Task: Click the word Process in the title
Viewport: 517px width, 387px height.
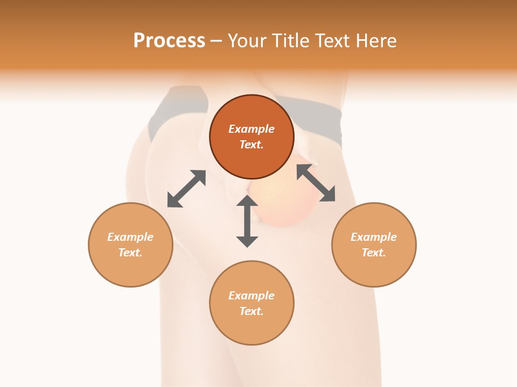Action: tap(169, 41)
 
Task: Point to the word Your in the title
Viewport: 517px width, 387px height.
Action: tap(248, 41)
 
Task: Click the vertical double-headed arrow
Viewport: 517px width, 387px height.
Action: tap(247, 221)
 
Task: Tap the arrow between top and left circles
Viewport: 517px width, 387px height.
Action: tap(186, 189)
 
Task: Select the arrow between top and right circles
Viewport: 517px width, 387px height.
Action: tap(316, 183)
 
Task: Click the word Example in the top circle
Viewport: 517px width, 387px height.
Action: tap(251, 129)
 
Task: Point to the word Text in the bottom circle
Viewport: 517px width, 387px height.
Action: tap(251, 311)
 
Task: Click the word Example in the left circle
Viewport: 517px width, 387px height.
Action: tap(130, 237)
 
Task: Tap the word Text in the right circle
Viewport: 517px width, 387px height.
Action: tap(374, 253)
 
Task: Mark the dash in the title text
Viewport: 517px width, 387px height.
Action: tap(216, 41)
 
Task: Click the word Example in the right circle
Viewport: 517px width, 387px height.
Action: tap(374, 237)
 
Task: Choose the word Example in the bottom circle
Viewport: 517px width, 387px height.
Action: tap(251, 296)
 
